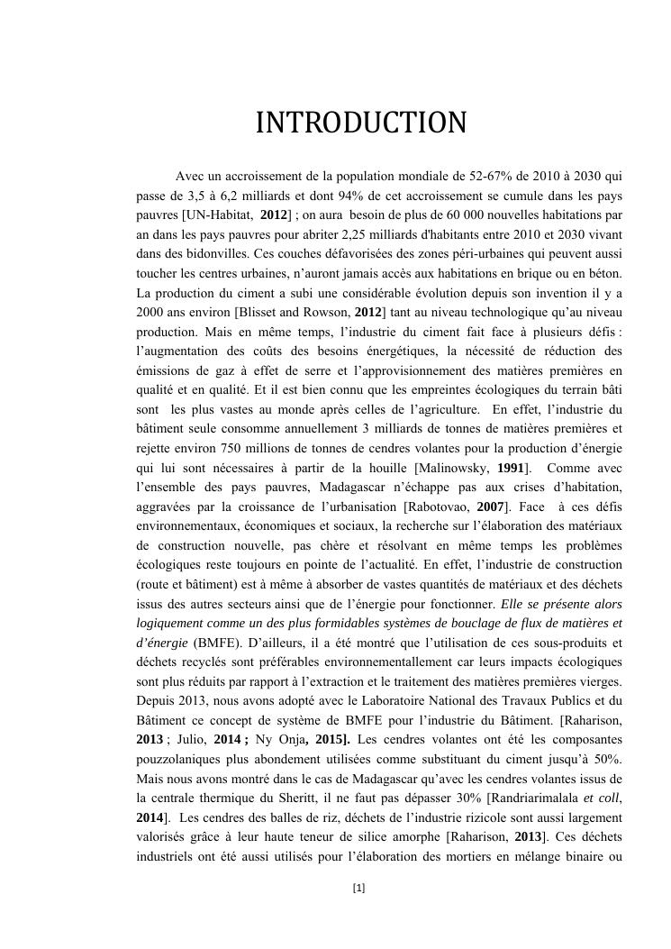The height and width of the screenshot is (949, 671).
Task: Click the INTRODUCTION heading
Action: [x=360, y=123]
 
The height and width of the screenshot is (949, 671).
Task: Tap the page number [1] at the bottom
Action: [x=359, y=888]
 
